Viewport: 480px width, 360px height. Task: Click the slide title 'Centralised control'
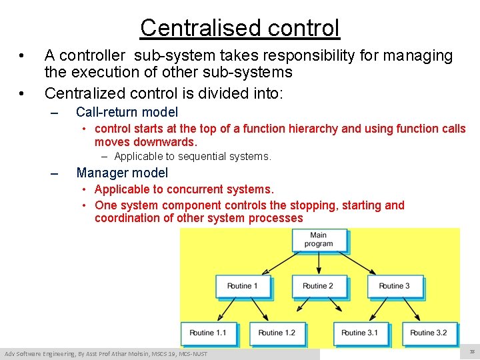pos(239,28)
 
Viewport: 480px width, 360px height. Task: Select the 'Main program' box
pos(318,240)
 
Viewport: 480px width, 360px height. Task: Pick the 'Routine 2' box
pos(319,286)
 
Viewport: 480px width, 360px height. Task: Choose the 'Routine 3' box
pos(394,286)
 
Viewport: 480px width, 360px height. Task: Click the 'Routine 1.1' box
pos(208,333)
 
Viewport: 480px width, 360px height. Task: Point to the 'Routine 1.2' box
pos(277,333)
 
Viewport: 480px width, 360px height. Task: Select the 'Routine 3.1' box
pos(360,333)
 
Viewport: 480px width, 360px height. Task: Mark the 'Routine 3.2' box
pos(429,333)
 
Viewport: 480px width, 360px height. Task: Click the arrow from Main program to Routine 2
pos(319,263)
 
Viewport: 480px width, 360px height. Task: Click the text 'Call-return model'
pos(127,112)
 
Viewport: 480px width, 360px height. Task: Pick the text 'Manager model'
pos(122,173)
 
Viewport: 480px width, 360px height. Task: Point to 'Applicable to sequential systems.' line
pos(193,157)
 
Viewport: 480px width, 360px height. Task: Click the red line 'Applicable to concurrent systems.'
pos(184,190)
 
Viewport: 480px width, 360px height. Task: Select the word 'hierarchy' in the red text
pos(313,129)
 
